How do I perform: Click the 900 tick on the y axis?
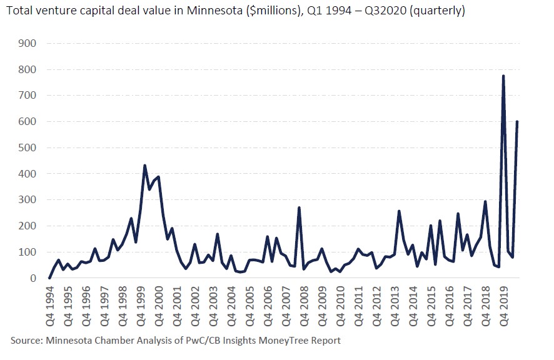29,43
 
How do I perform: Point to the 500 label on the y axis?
29,147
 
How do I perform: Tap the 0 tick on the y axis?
34,278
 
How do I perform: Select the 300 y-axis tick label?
29,200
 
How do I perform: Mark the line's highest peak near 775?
503,76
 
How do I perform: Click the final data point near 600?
517,122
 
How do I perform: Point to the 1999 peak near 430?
145,166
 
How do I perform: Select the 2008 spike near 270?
300,207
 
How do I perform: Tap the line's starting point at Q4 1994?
50,277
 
